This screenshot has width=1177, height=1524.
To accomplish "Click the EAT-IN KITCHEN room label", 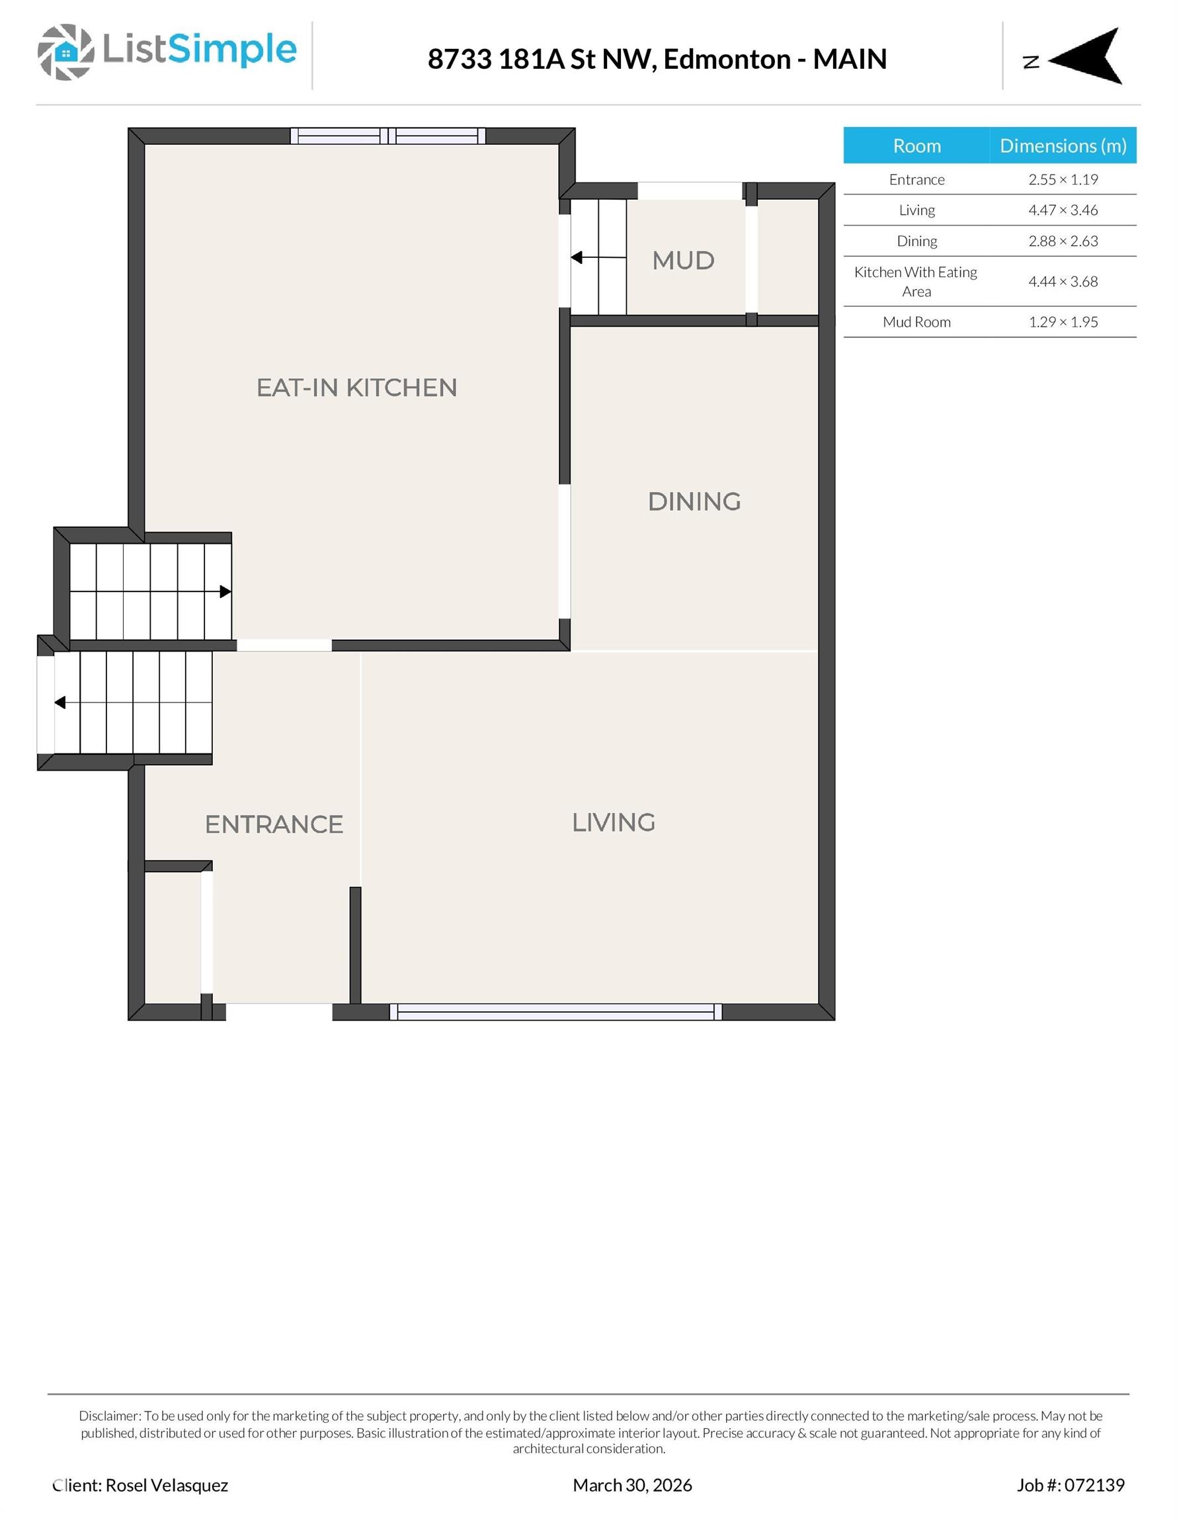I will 356,388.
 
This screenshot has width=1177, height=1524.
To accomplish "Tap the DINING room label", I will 694,502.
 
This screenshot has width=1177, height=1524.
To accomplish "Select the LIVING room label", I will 613,823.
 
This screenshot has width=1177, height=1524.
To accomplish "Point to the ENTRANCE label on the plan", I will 274,824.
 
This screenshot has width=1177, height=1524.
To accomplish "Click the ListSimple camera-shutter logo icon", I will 65,52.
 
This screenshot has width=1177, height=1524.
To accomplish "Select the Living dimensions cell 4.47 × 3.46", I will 1063,210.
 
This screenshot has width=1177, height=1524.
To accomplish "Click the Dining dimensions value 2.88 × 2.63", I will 1063,241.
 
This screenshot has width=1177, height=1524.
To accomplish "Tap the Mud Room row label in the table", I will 916,321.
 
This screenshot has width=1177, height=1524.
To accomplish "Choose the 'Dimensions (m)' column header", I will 1063,145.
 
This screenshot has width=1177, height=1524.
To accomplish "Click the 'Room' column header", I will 916,145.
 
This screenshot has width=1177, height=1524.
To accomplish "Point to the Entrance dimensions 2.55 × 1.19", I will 1063,179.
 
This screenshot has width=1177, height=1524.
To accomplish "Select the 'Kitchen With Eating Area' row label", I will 916,281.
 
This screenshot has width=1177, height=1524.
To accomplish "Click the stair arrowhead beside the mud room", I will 577,257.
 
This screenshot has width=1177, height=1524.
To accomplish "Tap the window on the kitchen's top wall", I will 387,136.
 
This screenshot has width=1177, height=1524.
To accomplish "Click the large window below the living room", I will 555,1012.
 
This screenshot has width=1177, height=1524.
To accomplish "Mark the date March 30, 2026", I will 632,1485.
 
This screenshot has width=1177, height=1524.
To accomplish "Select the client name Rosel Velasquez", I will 166,1485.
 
